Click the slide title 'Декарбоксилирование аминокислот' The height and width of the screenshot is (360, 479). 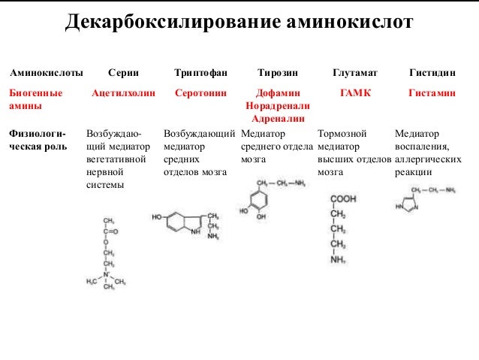[x=239, y=23]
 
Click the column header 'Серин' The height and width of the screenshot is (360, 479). [x=122, y=74]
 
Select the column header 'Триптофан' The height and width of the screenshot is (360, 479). [x=197, y=74]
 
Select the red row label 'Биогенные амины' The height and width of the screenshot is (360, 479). [x=35, y=101]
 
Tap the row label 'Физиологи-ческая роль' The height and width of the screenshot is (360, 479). [x=37, y=141]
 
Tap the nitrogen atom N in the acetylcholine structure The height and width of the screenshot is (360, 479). [x=107, y=275]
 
